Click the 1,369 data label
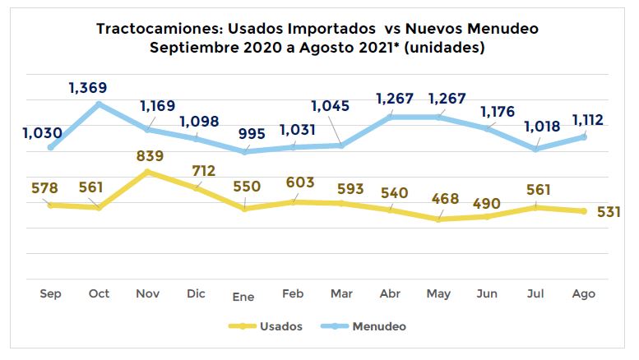[x=89, y=88]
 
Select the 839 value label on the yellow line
[x=150, y=156]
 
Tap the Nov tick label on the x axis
[x=148, y=293]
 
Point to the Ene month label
[x=244, y=296]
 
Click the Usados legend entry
[x=279, y=326]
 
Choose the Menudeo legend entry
[x=380, y=326]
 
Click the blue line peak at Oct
[x=100, y=104]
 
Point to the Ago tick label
[x=583, y=293]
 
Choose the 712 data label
[x=202, y=171]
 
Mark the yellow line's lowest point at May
[x=438, y=219]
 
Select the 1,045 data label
[x=332, y=106]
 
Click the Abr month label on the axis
[x=390, y=293]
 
